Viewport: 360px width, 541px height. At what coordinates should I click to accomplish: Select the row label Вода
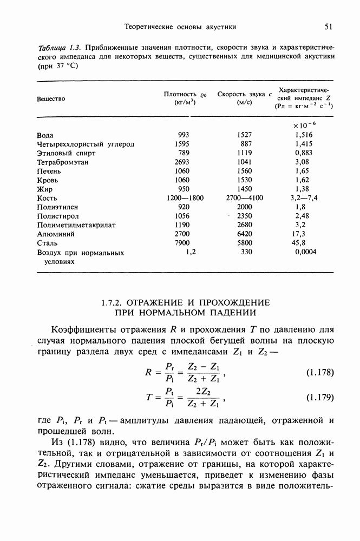[45, 135]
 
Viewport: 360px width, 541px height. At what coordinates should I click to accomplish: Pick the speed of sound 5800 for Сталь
[245, 243]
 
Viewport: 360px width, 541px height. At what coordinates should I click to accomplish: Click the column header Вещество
[51, 98]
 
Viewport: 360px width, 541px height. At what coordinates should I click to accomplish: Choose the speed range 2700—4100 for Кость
[245, 198]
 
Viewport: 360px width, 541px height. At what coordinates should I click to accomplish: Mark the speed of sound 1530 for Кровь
[245, 180]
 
